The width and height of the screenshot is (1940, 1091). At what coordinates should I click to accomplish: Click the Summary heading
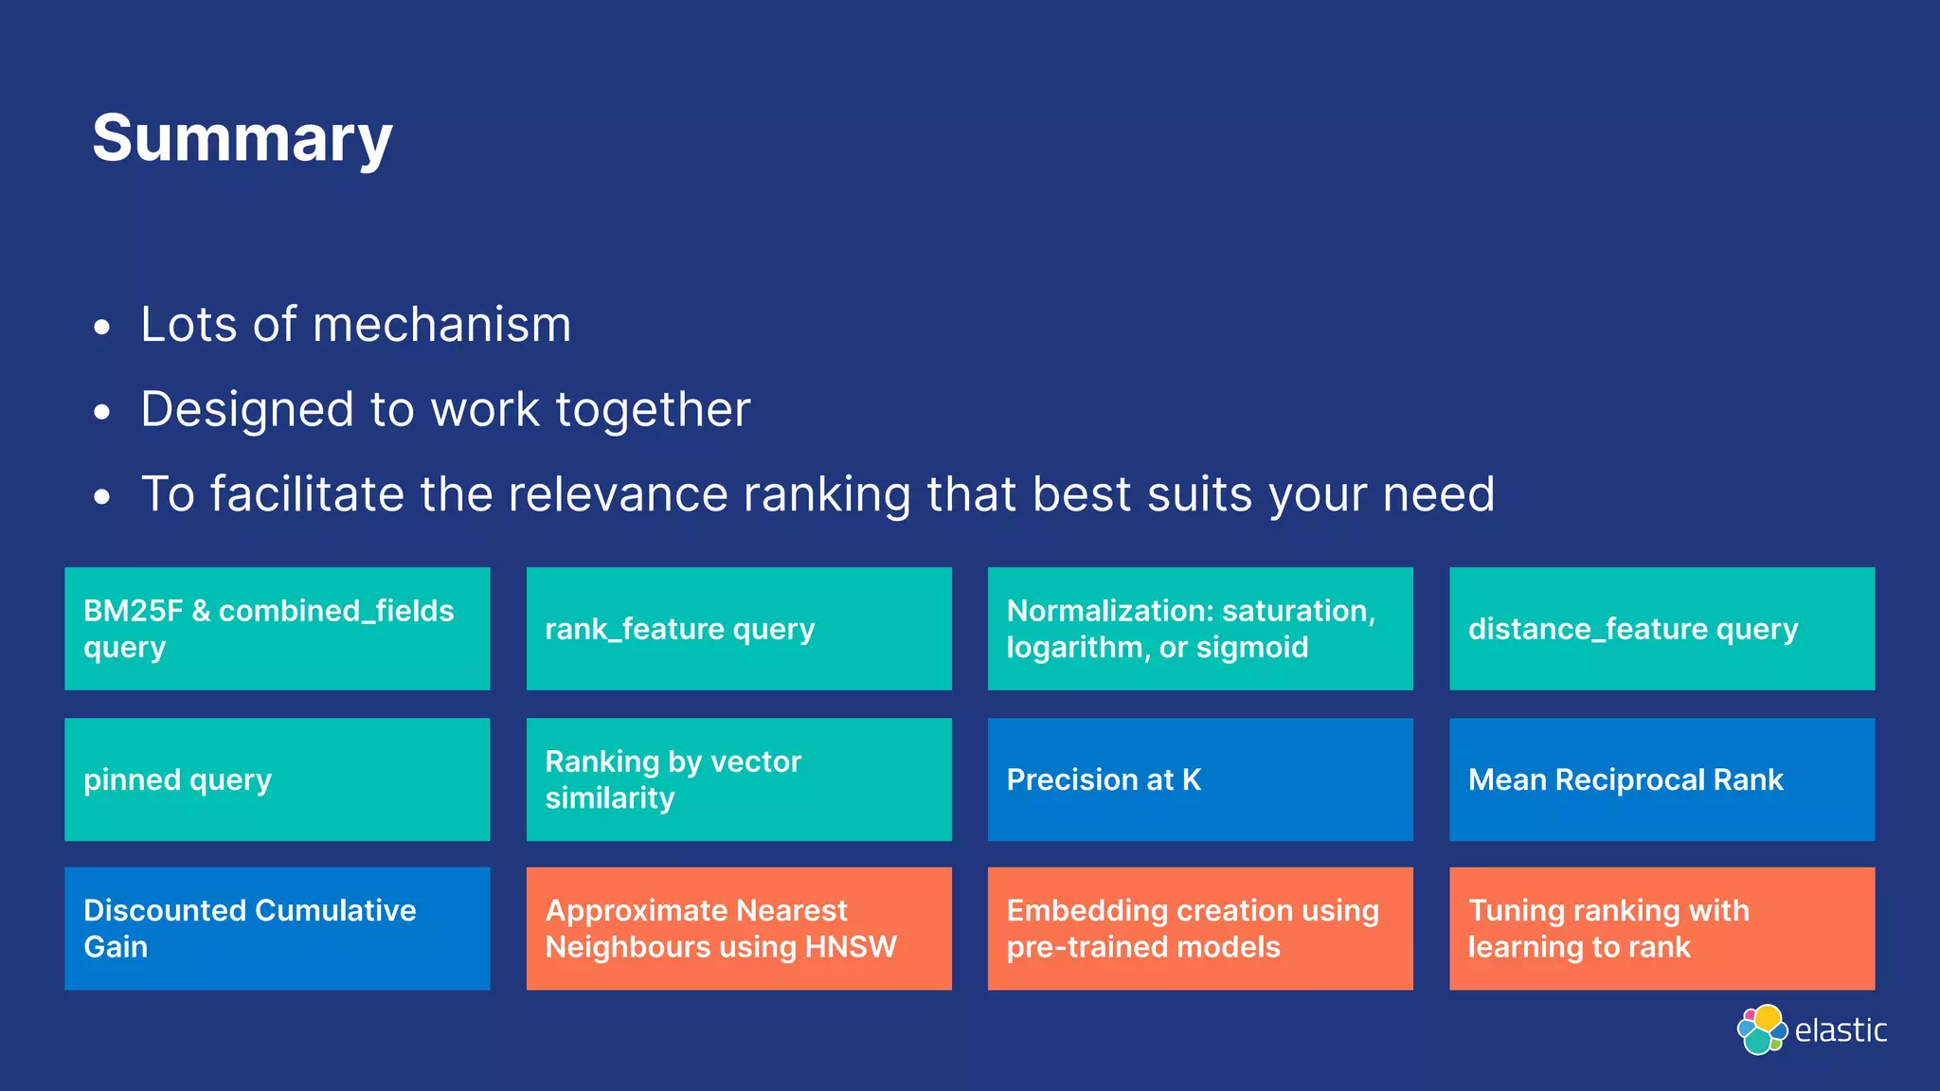(x=242, y=139)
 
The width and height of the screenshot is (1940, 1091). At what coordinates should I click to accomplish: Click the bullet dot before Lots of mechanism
(x=102, y=329)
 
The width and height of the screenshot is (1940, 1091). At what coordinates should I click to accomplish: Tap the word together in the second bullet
(x=653, y=410)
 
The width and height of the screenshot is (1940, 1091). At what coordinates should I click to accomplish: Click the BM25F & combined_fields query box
(x=277, y=629)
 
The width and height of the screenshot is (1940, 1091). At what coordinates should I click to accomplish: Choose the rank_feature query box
(x=738, y=629)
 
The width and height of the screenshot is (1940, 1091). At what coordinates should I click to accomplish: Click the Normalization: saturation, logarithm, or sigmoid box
(x=1199, y=629)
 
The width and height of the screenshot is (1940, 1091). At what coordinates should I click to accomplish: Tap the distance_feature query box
(x=1662, y=629)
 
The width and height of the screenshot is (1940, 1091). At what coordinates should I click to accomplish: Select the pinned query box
(x=277, y=779)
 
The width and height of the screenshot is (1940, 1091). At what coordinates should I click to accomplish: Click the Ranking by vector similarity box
(x=738, y=779)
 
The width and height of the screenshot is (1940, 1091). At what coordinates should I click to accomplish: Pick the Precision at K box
(x=1199, y=779)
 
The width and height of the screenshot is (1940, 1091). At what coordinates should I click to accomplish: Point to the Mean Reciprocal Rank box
(x=1662, y=779)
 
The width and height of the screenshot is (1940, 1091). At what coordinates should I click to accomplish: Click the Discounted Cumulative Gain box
(x=277, y=929)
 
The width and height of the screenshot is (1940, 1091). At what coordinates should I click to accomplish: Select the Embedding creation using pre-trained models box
(x=1199, y=929)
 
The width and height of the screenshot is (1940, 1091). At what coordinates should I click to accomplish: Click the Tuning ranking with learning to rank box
(x=1662, y=929)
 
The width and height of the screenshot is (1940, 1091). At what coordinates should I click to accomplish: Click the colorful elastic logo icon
(x=1761, y=1029)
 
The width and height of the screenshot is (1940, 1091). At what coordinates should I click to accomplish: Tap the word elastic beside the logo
(x=1841, y=1030)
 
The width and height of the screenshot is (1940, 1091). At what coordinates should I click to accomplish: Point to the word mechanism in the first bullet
(x=441, y=325)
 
